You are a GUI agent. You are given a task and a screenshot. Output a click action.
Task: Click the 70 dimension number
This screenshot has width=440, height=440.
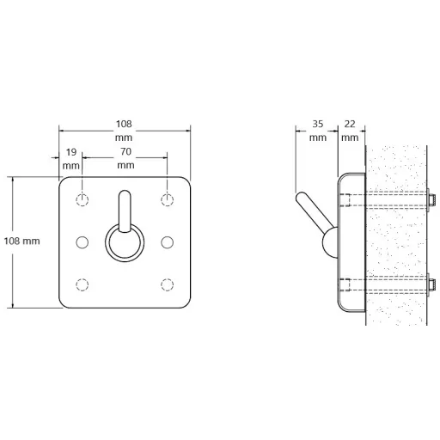tap(125, 151)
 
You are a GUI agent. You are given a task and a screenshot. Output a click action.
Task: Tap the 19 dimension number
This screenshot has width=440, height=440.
tap(71, 152)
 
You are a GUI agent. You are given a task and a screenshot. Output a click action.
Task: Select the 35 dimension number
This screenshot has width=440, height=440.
tap(318, 124)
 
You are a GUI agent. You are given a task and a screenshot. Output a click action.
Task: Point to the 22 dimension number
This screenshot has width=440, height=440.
tap(350, 124)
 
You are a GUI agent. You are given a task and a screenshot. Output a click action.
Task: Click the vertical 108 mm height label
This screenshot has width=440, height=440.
tap(21, 241)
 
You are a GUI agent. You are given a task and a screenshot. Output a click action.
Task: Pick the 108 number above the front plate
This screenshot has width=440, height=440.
tap(124, 124)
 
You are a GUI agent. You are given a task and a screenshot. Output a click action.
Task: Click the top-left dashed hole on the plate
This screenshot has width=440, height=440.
tap(82, 199)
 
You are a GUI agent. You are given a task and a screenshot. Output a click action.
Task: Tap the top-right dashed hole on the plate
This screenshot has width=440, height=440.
tap(167, 199)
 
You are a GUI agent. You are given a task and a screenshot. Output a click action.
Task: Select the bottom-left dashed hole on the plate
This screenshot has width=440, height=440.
tap(82, 284)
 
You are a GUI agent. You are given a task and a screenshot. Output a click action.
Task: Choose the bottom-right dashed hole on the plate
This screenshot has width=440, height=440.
tap(167, 284)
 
